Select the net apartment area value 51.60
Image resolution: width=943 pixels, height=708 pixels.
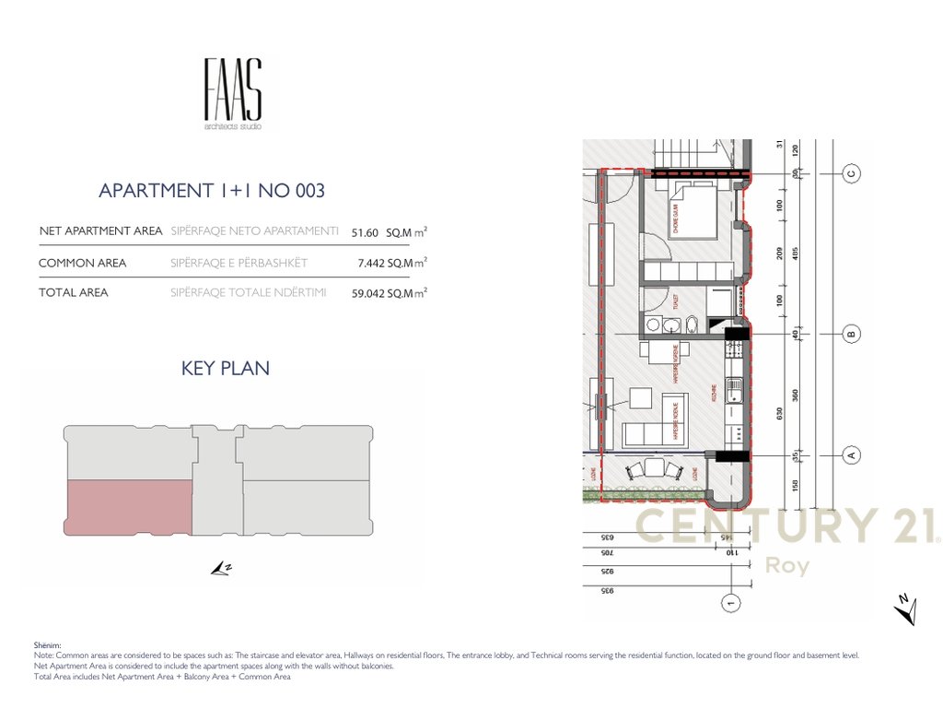pos(366,232)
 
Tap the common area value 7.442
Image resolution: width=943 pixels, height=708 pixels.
pos(372,264)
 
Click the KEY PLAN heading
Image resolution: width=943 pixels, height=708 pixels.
pos(226,369)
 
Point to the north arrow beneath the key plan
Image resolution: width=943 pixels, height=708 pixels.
pos(220,569)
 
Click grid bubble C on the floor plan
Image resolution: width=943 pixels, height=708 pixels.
pos(852,172)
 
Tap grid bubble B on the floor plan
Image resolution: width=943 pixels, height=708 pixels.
pos(852,334)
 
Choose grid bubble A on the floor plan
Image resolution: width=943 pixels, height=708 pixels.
pos(852,454)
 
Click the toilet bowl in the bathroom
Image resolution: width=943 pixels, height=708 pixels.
pos(692,324)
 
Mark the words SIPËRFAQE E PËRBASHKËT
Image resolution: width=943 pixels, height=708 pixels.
pos(239,264)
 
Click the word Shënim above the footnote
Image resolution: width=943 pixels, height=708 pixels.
pos(47,645)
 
